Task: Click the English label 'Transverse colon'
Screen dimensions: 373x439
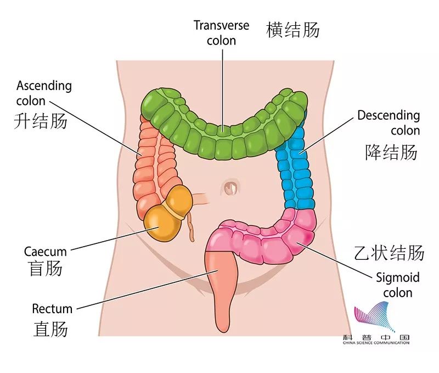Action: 222,33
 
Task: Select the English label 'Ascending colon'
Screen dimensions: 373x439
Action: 44,93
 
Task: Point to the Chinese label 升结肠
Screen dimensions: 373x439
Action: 41,121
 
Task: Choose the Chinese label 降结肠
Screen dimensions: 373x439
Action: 391,152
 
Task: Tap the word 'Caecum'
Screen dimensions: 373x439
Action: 46,252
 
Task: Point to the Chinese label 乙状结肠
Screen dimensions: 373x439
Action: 389,253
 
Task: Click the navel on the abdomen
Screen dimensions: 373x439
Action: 231,187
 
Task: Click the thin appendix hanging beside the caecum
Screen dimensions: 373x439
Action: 190,225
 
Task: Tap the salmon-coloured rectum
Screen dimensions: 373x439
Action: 222,286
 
